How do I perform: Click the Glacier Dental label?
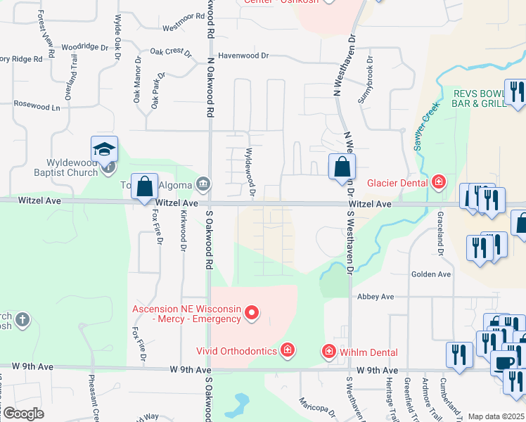pos(397,183)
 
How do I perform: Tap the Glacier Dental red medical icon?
pos(439,183)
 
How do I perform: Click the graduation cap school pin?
pos(104,150)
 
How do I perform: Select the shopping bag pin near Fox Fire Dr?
pos(145,188)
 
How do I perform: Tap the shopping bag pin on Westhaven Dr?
pos(342,168)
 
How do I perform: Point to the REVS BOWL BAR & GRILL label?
pos(479,98)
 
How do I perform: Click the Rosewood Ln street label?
pos(37,106)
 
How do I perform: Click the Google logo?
pos(23,414)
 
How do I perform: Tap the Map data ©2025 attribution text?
pos(495,416)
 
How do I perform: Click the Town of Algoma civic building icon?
pos(203,184)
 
